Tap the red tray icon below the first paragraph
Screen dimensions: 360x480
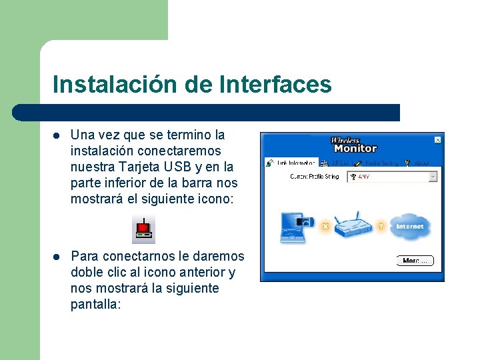(143, 229)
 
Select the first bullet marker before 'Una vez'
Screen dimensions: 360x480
(57, 135)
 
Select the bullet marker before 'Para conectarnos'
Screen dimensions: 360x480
(57, 256)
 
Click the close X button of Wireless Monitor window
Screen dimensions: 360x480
(437, 140)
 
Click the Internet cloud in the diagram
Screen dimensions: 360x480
(409, 227)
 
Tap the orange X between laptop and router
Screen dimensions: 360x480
(325, 227)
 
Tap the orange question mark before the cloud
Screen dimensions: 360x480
(381, 227)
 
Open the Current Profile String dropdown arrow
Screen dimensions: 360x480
(433, 177)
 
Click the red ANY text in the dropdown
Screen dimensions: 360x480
(364, 177)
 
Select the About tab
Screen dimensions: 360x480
(418, 163)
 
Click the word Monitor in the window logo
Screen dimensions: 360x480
(355, 149)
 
